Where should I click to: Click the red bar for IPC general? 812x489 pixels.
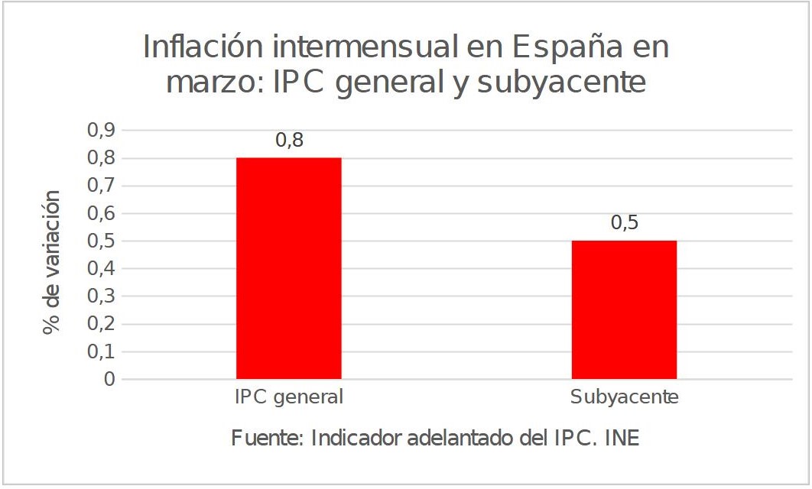click(289, 268)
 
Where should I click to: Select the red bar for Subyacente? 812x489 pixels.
click(624, 309)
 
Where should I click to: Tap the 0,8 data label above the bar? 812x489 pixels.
click(290, 141)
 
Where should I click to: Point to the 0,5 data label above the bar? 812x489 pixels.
click(624, 223)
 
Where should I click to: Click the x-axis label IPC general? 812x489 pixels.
click(289, 398)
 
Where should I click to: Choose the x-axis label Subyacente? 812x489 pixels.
click(624, 398)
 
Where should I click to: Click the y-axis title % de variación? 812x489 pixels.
click(52, 261)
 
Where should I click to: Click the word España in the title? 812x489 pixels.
click(560, 48)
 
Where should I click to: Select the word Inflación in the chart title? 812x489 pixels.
click(206, 48)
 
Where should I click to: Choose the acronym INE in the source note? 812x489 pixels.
click(621, 439)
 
